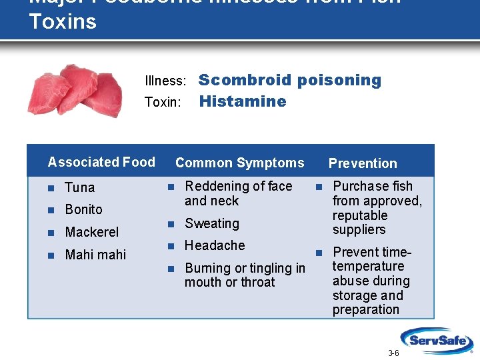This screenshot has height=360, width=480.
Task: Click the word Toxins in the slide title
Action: (63, 21)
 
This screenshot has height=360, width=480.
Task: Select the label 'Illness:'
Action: (165, 81)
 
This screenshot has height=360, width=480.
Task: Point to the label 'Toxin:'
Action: (163, 103)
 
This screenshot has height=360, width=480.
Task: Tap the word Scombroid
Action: (245, 81)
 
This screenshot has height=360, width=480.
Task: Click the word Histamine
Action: (243, 102)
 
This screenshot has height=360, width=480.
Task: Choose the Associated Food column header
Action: (101, 162)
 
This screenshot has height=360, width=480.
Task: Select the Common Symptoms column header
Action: (239, 163)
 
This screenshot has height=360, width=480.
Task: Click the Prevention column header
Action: (363, 163)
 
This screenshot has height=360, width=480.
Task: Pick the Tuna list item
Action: (80, 187)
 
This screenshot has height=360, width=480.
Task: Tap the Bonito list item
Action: (84, 209)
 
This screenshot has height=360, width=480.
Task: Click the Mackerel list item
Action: (92, 232)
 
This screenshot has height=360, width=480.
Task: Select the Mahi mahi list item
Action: (95, 255)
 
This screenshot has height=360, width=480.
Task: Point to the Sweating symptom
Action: (211, 223)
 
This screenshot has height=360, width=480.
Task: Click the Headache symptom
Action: (215, 245)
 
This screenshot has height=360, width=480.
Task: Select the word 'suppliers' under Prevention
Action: (359, 230)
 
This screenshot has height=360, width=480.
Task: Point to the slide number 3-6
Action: (393, 353)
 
